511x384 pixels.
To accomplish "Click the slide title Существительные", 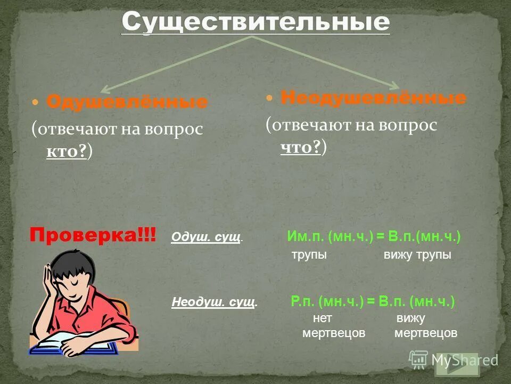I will [256, 22].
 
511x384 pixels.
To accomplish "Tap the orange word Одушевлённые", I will [127, 102].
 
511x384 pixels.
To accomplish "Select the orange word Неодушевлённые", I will [373, 98].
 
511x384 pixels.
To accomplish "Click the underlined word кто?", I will [67, 152].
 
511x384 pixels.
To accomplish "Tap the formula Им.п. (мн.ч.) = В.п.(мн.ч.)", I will [374, 236].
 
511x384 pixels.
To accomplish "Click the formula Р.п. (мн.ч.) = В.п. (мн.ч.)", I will [373, 301].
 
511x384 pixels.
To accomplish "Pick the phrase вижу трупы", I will [417, 255].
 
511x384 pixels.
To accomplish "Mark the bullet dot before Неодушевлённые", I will [269, 98].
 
